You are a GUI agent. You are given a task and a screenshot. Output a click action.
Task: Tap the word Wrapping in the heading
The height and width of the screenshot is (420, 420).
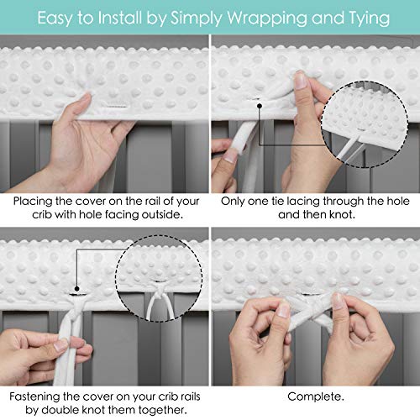(273, 16)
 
